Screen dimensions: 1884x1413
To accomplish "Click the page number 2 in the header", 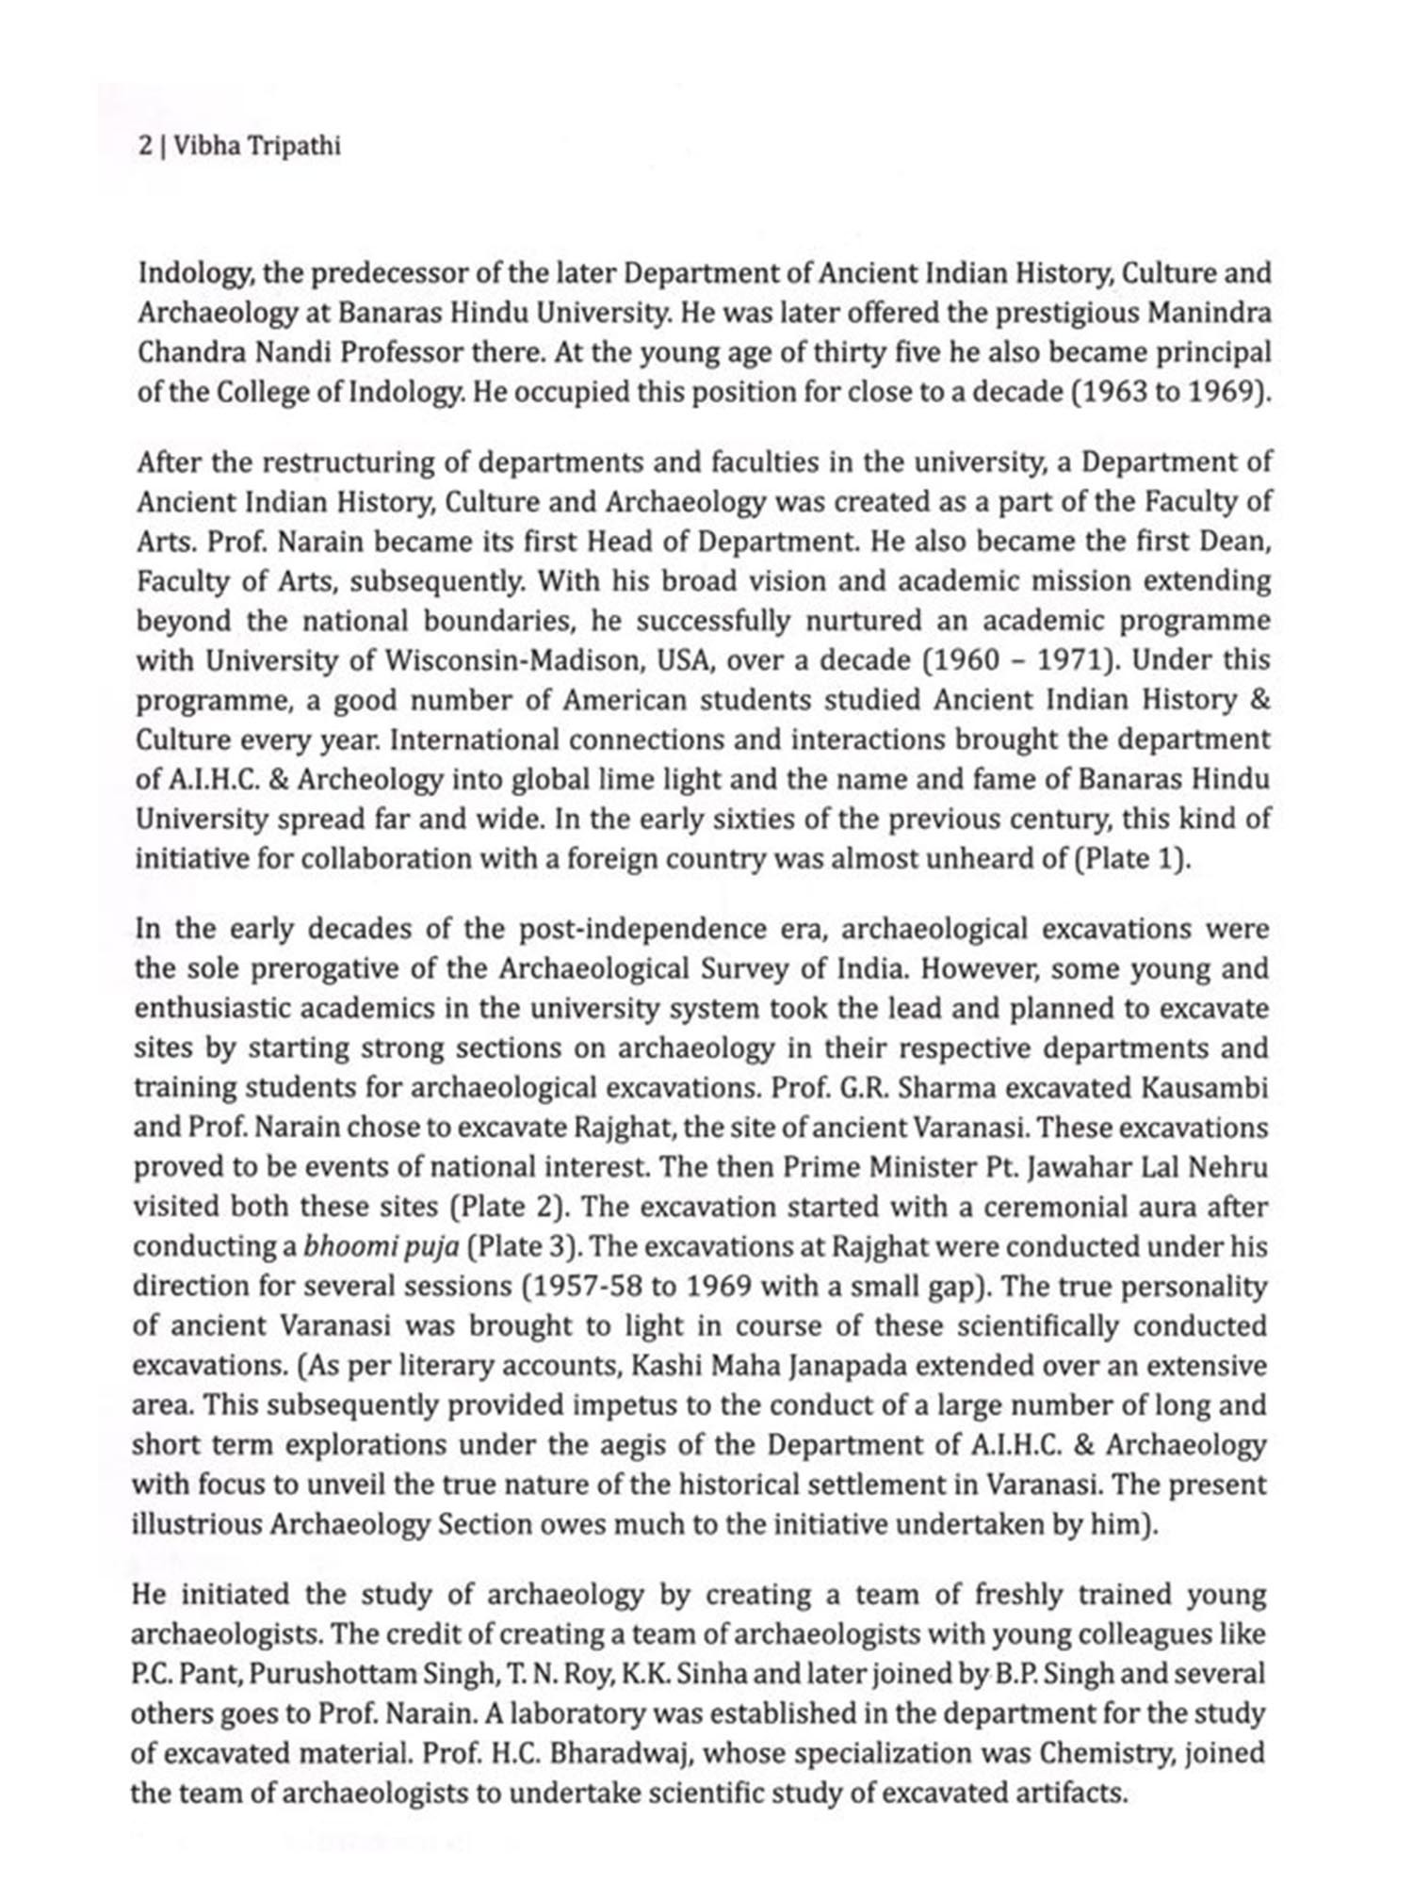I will pos(144,148).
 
